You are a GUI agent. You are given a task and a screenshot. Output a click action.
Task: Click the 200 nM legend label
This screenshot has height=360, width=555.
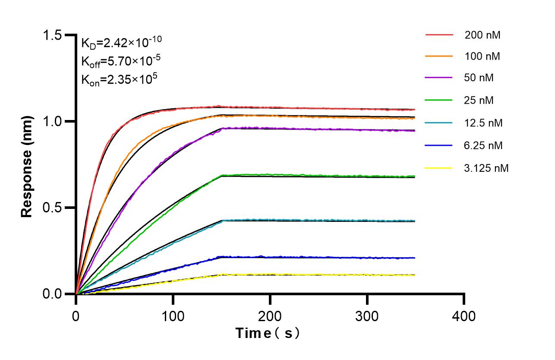coord(482,35)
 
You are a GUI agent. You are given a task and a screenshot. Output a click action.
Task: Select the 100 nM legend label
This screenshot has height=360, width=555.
coord(482,57)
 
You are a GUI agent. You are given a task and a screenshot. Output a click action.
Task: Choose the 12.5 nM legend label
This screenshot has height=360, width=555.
coord(483,123)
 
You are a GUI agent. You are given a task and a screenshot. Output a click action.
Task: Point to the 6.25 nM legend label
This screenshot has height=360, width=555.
coord(483,145)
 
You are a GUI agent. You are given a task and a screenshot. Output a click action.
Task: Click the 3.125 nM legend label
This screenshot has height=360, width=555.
coord(486,168)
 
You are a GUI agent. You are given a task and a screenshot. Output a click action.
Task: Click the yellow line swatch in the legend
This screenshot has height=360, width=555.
coord(439,167)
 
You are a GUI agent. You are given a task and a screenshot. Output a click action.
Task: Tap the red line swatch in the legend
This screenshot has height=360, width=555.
coord(439,35)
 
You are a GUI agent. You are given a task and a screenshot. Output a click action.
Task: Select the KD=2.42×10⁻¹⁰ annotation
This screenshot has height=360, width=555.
coord(121,42)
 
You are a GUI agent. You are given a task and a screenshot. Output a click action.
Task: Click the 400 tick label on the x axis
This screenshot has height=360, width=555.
coord(464,316)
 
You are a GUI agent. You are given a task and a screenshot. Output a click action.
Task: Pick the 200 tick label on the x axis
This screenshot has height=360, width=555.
coord(270,316)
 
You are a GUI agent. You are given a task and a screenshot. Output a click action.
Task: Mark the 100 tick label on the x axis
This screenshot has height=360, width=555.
coord(173,316)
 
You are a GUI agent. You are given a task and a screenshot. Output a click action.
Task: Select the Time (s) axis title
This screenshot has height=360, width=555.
coord(268,334)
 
